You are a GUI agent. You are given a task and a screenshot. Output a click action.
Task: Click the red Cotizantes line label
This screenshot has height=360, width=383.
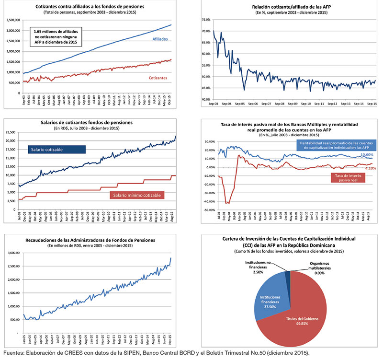[x=157, y=77]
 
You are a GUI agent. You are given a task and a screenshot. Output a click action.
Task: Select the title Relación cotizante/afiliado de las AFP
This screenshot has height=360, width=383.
[x=285, y=7]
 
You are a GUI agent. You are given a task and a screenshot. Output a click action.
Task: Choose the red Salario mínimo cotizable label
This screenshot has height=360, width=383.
[x=137, y=195]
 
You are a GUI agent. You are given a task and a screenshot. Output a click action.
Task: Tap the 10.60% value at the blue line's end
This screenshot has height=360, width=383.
[x=366, y=155]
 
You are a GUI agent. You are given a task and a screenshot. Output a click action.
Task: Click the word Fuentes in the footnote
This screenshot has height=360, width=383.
[x=14, y=354]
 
